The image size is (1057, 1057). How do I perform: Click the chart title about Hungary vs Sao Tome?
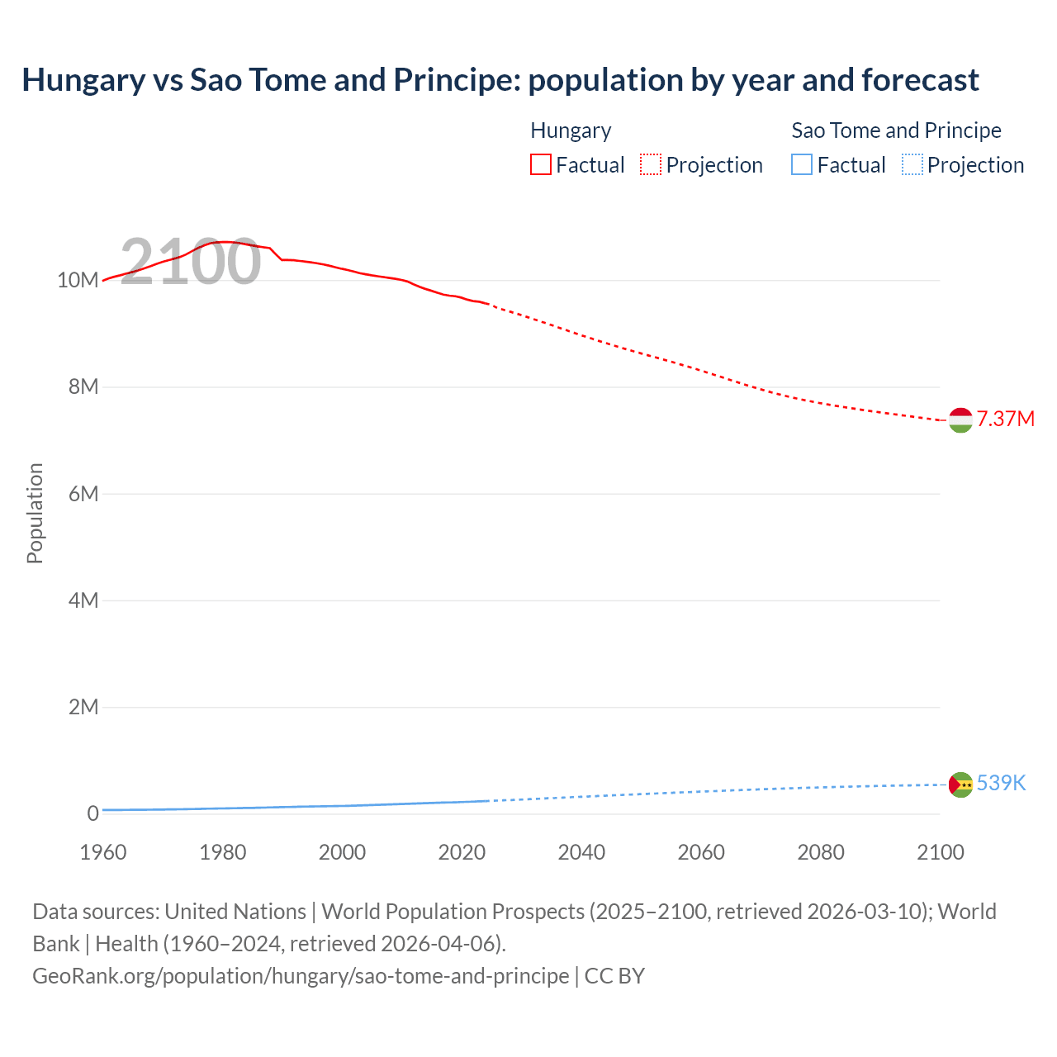500,80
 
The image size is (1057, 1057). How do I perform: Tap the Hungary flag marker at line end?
960,420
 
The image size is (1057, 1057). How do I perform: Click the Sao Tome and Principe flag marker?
960,784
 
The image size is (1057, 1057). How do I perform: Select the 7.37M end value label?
1005,419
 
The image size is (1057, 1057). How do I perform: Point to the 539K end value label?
1001,783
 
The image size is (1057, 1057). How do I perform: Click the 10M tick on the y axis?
78,281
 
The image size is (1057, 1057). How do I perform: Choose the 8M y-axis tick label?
83,387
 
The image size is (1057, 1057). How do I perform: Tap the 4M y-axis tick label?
83,600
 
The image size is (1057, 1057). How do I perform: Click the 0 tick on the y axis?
92,814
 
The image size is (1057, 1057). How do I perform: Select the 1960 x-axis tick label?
103,852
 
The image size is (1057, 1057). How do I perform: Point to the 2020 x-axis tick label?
462,852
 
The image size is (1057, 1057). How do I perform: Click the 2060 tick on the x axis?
701,852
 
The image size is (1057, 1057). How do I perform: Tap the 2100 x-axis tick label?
940,852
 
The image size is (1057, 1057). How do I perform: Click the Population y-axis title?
35,513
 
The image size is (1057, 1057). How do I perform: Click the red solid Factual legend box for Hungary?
541,165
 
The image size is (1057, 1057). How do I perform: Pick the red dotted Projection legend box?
651,165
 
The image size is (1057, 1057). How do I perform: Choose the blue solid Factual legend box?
802,165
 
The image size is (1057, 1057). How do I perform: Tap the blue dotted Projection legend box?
912,165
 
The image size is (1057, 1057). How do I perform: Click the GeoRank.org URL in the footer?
301,976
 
